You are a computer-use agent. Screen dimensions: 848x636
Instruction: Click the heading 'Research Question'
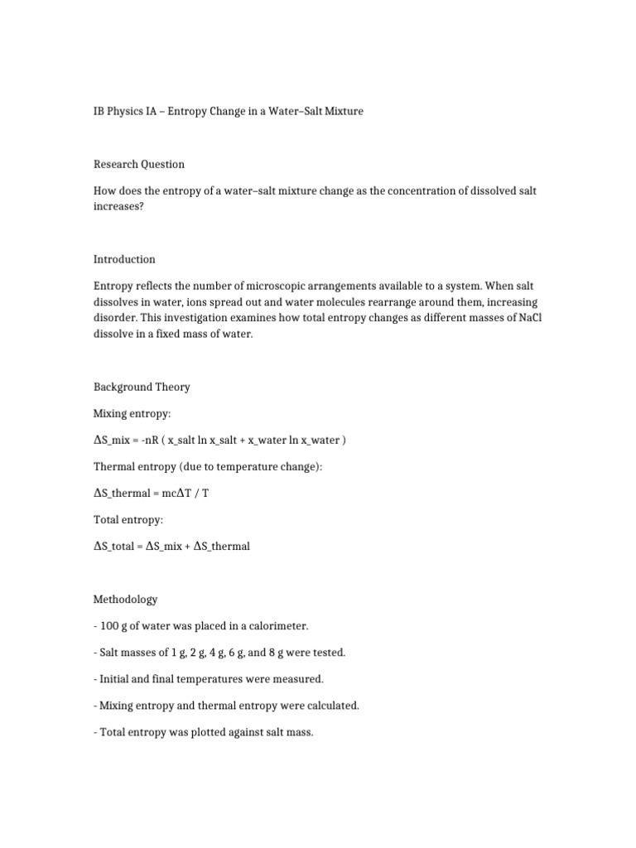coord(139,164)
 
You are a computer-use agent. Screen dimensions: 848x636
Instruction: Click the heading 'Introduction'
coord(124,259)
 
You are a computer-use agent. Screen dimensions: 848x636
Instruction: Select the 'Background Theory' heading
coord(142,387)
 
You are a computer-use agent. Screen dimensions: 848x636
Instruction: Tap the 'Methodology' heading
coord(125,599)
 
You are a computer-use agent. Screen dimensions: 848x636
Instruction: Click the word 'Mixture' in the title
coord(340,111)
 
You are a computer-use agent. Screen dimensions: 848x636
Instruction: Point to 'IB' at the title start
coord(101,111)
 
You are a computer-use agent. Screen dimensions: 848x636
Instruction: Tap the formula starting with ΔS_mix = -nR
coord(219,440)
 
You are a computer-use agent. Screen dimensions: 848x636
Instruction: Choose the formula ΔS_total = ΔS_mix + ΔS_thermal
coord(172,546)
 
